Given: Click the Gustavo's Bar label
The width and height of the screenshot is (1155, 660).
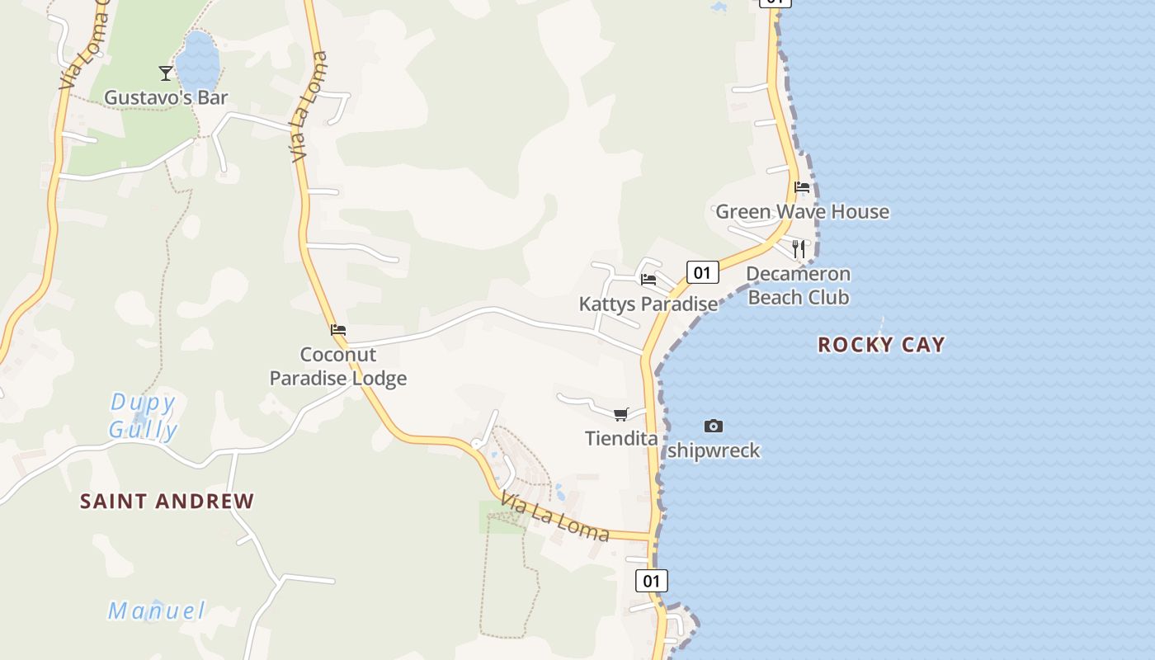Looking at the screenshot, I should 166,97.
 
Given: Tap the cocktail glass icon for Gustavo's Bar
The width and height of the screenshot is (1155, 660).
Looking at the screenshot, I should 166,73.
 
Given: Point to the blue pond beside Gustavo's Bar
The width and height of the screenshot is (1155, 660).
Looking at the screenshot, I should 197,61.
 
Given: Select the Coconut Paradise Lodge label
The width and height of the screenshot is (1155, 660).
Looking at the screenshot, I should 338,366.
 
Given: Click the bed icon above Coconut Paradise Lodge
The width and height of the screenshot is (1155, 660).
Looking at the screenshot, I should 338,330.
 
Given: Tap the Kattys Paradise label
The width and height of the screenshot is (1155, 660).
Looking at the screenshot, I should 648,304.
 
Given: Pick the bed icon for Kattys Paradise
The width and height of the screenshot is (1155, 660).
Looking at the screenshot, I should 648,280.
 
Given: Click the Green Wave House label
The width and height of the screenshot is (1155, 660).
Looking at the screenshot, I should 802,211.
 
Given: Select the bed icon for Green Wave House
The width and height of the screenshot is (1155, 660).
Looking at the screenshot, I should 801,187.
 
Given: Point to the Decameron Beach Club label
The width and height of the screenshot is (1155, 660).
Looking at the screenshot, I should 798,285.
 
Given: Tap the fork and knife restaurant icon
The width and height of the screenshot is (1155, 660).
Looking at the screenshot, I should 798,248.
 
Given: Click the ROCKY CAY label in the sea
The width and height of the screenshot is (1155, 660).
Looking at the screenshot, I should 881,345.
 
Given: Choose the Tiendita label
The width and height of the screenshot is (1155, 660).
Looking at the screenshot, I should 621,438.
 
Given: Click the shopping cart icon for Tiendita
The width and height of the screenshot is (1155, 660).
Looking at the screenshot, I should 620,414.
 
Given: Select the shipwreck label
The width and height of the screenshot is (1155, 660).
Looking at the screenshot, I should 714,450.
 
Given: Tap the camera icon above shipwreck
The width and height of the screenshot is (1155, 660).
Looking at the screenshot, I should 714,427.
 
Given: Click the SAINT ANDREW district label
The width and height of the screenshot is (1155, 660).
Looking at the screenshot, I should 167,501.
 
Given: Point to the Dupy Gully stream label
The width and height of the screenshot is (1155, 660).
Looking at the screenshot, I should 144,417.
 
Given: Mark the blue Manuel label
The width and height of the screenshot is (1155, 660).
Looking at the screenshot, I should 157,611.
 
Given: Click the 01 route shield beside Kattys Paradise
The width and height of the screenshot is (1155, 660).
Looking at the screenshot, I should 702,272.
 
